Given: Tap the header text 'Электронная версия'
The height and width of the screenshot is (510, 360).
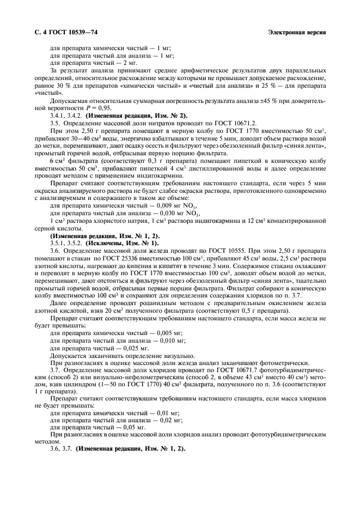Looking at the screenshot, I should [x=297, y=32].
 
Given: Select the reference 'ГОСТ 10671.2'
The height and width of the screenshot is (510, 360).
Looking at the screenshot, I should [x=244, y=123].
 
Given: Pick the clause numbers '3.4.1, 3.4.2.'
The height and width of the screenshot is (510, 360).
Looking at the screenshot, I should [x=68, y=116].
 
